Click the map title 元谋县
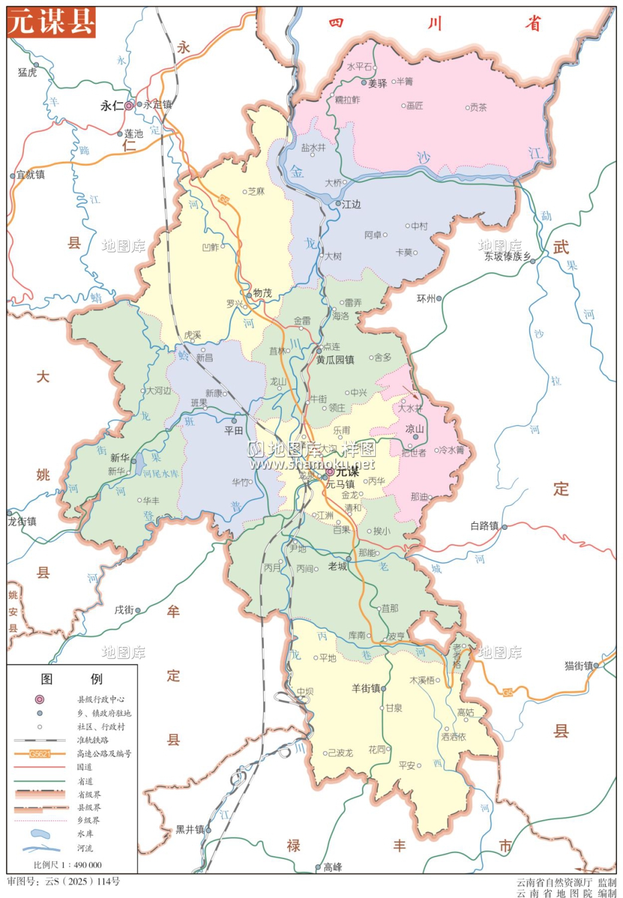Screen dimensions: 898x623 [51, 22]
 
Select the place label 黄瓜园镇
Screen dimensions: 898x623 [335, 360]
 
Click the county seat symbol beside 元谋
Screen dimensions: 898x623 [329, 472]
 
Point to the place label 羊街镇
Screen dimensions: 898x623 [366, 688]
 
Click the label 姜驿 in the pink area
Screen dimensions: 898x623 [377, 83]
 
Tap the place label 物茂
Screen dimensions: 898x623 [262, 293]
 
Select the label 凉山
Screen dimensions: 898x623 [414, 429]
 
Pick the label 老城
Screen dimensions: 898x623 [338, 566]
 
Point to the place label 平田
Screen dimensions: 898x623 [233, 430]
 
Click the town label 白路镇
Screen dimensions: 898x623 [484, 526]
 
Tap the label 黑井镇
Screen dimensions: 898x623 [190, 829]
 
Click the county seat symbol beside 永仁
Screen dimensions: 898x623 [129, 105]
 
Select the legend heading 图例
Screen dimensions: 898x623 [71, 678]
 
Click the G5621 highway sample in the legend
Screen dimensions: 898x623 [39, 754]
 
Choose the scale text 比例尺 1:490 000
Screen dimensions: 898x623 [67, 864]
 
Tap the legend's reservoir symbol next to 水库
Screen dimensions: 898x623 [39, 833]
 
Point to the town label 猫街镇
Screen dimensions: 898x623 [579, 665]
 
